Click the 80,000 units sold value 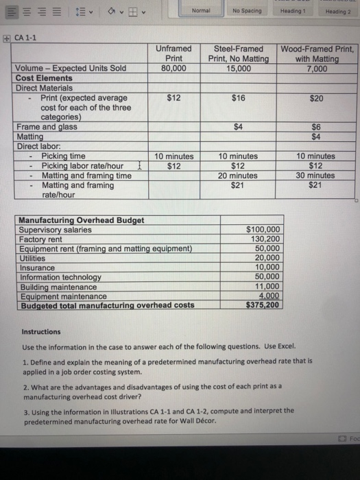pos(173,69)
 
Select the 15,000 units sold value pos(238,69)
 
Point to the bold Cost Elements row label pos(44,78)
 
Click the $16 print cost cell pos(238,98)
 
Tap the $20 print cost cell pos(315,98)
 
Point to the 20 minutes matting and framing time pos(238,175)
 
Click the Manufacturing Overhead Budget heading pos(81,220)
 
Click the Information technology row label pos(60,277)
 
